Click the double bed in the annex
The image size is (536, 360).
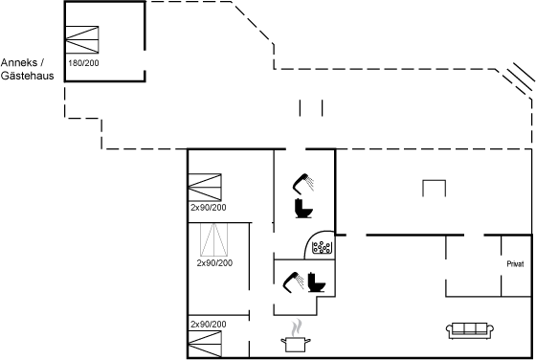(82, 39)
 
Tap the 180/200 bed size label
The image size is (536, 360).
(83, 63)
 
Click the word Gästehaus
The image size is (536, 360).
(28, 76)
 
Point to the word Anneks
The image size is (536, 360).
(19, 62)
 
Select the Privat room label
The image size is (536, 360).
(515, 264)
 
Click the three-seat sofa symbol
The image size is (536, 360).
(470, 330)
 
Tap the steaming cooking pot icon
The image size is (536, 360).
(296, 336)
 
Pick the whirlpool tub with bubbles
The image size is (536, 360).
(322, 247)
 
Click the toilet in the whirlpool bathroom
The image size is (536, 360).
(303, 208)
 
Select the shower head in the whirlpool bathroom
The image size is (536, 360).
(302, 184)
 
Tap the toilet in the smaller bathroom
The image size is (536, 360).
(316, 282)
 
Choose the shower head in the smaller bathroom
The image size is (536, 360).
(293, 282)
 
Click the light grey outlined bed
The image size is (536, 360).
(214, 239)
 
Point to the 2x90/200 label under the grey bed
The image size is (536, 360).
(214, 263)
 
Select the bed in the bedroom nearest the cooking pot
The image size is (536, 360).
(205, 344)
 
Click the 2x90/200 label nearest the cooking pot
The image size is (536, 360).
(209, 325)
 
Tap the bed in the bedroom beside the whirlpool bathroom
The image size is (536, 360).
(205, 187)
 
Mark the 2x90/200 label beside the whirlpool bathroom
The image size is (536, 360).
(209, 208)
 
